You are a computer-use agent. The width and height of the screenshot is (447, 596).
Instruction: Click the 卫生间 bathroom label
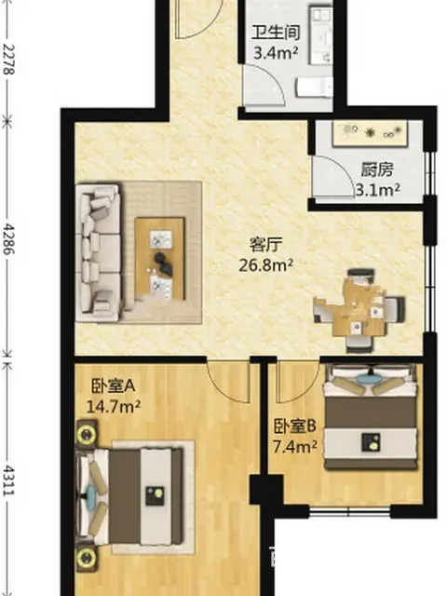[276, 34]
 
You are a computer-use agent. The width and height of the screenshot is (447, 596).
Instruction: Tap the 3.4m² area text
[276, 53]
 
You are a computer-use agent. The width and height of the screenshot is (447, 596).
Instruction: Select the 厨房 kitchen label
[376, 169]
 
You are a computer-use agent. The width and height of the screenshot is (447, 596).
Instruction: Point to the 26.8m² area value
[266, 264]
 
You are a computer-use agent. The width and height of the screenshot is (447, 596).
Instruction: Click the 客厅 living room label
[266, 245]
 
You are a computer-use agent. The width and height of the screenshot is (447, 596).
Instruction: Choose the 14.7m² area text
[114, 407]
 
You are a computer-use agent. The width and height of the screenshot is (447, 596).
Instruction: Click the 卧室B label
[295, 427]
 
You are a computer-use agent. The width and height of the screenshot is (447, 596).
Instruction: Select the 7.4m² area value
[295, 447]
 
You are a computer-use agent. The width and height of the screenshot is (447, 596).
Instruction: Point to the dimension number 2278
[8, 60]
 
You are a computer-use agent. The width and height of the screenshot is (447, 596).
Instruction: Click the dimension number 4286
[8, 238]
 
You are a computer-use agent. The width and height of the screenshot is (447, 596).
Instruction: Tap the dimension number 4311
[8, 481]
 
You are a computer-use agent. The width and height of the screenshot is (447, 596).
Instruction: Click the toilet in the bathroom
[314, 87]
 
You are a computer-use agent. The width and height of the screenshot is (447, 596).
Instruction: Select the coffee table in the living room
[160, 259]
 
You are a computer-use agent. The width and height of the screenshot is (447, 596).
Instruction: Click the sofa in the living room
[99, 252]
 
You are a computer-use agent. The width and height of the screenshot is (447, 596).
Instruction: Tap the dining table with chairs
[359, 310]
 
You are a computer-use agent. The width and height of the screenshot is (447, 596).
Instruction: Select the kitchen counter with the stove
[371, 134]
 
